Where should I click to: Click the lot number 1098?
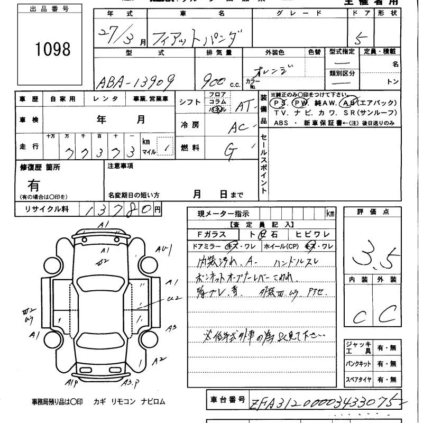coord(53,49)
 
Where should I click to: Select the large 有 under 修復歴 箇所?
coord(34,185)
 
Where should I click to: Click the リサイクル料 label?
coord(47,209)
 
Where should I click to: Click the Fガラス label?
coord(212,234)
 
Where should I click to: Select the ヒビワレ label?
coord(312,234)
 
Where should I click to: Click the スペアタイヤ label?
coord(358,380)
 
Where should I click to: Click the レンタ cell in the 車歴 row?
coord(106,99)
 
